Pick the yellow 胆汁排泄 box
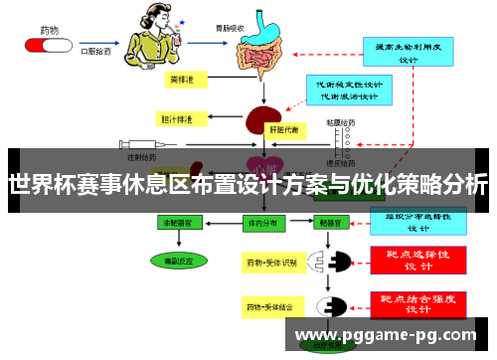coord(179,119)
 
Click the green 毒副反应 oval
coord(180,261)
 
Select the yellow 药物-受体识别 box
coord(271,264)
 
